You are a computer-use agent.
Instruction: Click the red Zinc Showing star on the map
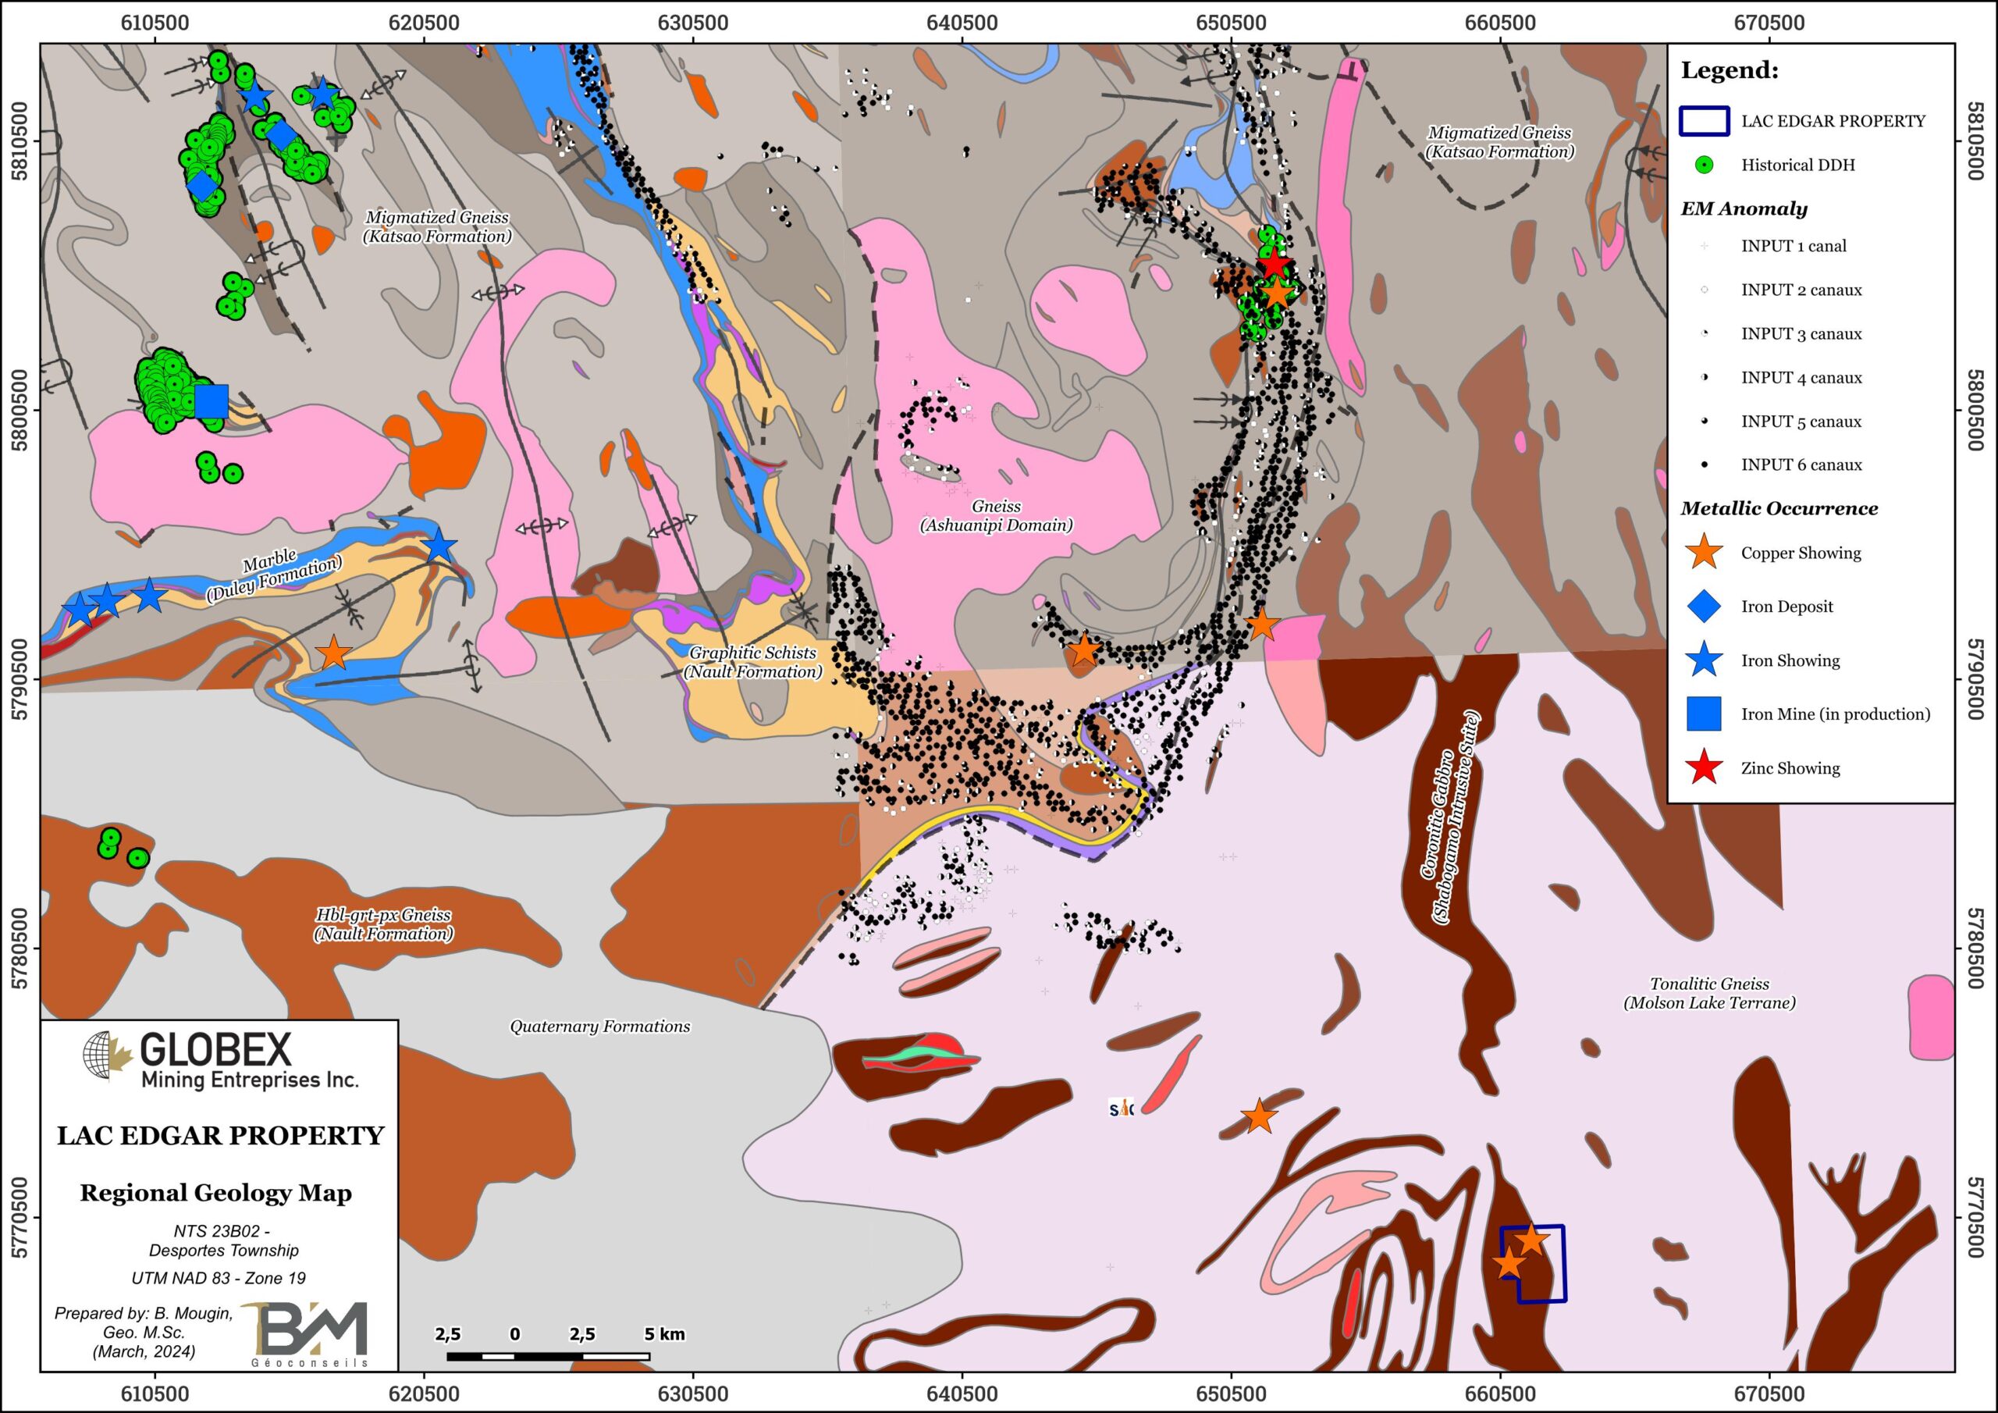[x=1274, y=263]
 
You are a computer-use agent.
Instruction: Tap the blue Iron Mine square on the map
[x=212, y=401]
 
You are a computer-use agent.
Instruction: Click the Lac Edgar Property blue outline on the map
[x=1534, y=1263]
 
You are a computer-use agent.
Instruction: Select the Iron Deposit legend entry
[x=1786, y=607]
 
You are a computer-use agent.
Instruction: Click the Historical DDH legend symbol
[x=1704, y=165]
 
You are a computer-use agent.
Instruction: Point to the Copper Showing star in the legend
[x=1704, y=553]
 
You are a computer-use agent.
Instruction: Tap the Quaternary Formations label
[x=599, y=1027]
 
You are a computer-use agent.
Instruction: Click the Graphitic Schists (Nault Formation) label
[x=752, y=662]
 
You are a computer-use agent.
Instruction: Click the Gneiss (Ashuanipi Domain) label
[x=996, y=515]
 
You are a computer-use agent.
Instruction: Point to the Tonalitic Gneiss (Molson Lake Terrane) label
[x=1709, y=992]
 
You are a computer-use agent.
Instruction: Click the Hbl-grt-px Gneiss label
[x=383, y=924]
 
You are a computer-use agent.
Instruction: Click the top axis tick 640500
[x=962, y=23]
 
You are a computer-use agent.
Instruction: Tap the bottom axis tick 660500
[x=1500, y=1392]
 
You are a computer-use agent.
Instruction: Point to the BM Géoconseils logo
[x=310, y=1332]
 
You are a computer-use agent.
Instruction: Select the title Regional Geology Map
[x=216, y=1193]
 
